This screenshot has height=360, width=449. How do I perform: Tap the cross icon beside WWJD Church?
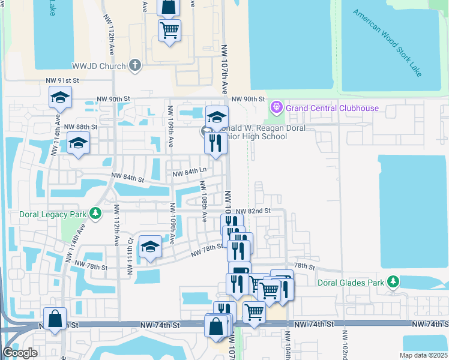(x=135, y=65)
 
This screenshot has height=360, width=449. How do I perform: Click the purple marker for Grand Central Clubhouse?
(x=277, y=108)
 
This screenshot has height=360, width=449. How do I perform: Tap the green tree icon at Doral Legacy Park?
(x=95, y=214)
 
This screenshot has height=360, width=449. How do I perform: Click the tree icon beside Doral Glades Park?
(x=393, y=281)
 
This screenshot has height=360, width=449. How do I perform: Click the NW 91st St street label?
(x=63, y=80)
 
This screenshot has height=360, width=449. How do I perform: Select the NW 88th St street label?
(x=80, y=127)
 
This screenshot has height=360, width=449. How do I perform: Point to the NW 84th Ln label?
(x=190, y=173)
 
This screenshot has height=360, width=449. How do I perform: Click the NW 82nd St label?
(x=253, y=211)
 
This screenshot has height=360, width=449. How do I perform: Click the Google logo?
(x=20, y=353)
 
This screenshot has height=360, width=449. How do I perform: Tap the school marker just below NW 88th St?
(x=79, y=145)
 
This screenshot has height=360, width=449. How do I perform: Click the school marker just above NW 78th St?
(x=150, y=247)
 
